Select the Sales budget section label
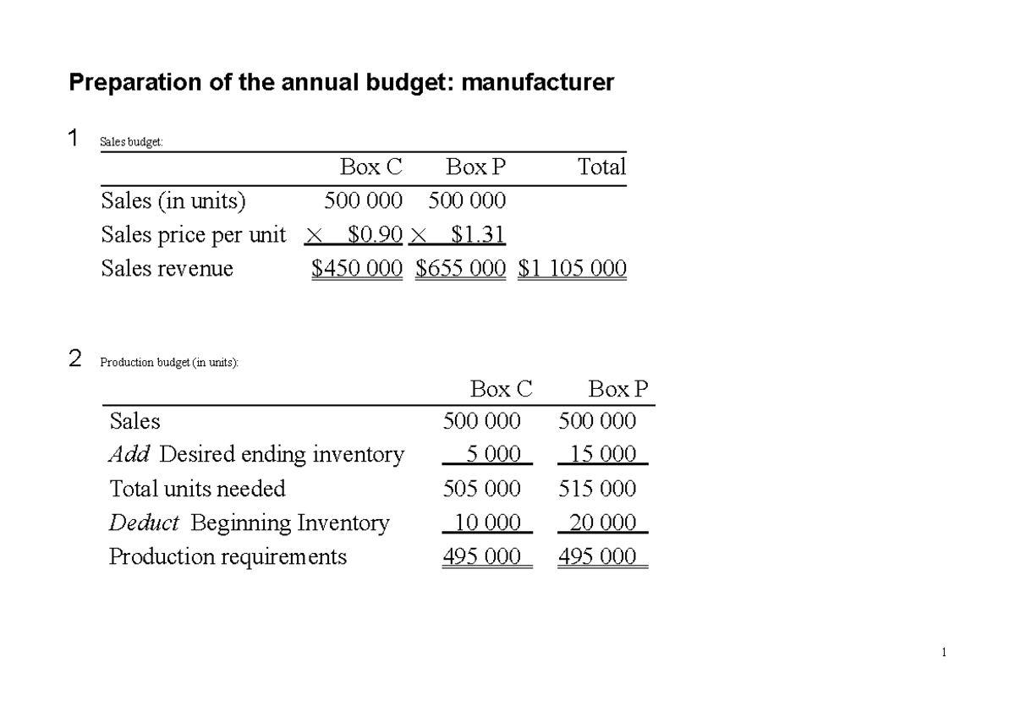point(131,142)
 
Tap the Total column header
point(601,167)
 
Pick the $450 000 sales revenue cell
point(357,269)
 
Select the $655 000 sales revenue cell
point(461,269)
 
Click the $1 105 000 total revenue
point(572,269)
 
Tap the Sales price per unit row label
point(194,234)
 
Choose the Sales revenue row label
point(167,269)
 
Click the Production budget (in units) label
point(169,363)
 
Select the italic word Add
point(129,455)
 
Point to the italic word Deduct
point(144,523)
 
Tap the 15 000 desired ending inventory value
point(602,455)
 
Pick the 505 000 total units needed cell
point(482,489)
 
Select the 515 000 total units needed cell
point(598,489)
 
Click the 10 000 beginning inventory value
point(487,523)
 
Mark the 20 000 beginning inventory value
point(602,523)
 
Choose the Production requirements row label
point(228,557)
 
